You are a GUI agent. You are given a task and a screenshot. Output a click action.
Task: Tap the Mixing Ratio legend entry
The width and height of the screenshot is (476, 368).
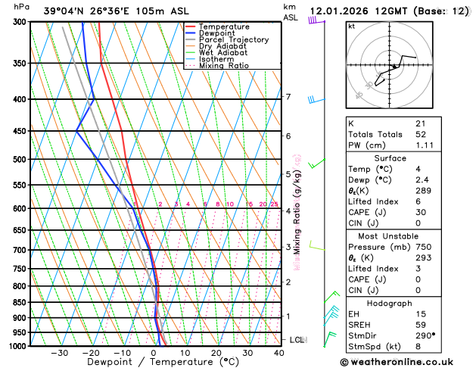[224, 66]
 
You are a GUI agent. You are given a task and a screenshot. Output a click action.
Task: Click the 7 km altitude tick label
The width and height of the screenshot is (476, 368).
[288, 97]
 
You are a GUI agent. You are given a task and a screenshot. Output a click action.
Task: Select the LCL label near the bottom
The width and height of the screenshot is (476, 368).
[297, 340]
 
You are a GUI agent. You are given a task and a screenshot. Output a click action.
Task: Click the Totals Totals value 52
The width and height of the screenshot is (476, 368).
[421, 133]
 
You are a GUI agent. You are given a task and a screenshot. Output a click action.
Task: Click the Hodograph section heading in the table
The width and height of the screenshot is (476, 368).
[403, 303]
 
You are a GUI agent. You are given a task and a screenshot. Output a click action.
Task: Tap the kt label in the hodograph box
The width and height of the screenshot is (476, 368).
[351, 27]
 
